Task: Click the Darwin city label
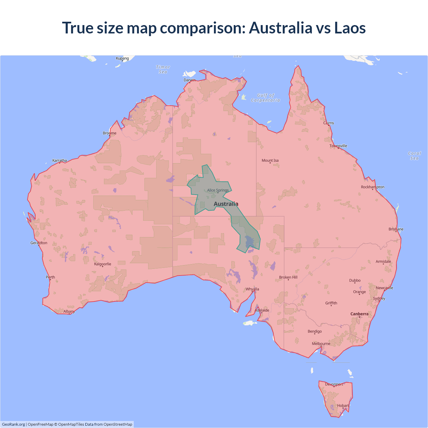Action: pos(190,80)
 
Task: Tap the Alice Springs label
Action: pos(218,190)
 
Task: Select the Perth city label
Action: pos(50,277)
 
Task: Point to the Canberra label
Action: pos(359,314)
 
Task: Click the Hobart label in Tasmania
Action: pos(343,406)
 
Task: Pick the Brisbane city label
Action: pos(396,229)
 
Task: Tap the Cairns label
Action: pos(328,123)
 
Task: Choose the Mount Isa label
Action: pos(270,160)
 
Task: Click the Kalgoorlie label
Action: pos(103,264)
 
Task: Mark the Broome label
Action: pos(110,133)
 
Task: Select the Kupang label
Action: pos(122,58)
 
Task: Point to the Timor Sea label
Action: pos(163,70)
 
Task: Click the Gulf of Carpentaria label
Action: pos(265,98)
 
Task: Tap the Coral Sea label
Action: pos(414,156)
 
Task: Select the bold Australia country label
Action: pos(226,204)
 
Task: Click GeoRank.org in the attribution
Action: pos(13,424)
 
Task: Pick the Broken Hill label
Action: pos(288,277)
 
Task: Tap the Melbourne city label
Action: pos(321,344)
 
